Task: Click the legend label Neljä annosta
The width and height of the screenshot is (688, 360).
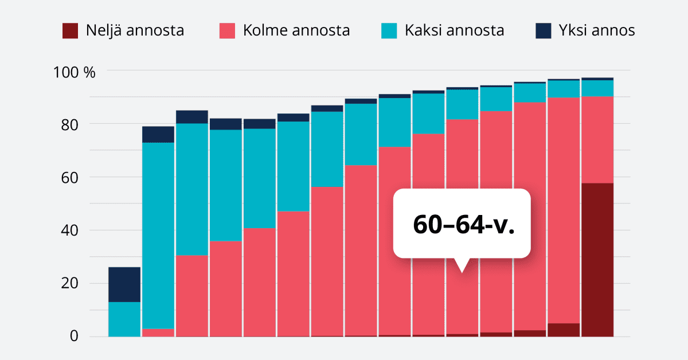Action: [135, 30]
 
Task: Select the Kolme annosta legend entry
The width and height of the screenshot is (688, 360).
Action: [296, 30]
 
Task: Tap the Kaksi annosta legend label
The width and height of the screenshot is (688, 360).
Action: [454, 30]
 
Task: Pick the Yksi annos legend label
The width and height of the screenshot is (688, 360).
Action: [597, 30]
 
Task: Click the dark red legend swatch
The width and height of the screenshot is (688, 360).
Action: [69, 30]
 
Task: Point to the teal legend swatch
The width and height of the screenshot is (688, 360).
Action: [389, 30]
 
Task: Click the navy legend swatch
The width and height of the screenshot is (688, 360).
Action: [543, 30]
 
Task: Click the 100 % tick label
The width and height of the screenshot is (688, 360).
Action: [74, 72]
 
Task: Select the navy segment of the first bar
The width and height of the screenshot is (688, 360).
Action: [124, 284]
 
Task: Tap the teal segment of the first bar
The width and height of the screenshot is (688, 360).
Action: [124, 319]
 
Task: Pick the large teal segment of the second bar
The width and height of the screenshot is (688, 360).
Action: [158, 235]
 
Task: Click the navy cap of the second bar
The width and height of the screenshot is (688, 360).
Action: [158, 134]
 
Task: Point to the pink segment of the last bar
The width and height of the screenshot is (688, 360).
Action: [597, 139]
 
